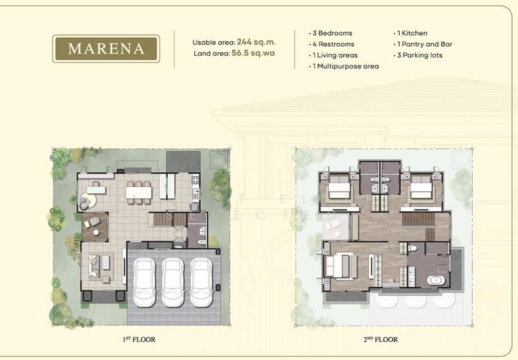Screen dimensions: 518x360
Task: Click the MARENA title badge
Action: (106, 49)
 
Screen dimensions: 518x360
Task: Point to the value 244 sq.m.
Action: (256, 42)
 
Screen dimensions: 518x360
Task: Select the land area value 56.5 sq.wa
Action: (253, 53)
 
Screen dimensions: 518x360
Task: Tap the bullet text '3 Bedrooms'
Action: (330, 33)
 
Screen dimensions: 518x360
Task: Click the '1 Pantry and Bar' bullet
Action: (423, 44)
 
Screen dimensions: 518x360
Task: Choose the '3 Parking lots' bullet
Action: (418, 55)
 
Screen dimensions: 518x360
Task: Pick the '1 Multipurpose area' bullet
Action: (344, 67)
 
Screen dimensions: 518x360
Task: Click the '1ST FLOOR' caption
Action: (139, 339)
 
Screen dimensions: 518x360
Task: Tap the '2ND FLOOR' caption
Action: (381, 339)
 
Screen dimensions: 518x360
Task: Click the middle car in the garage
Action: (172, 282)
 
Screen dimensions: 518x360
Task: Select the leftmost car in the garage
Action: (144, 282)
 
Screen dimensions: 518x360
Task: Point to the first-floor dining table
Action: (139, 192)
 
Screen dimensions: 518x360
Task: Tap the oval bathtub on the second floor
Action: (436, 281)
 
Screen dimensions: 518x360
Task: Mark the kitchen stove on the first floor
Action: (196, 179)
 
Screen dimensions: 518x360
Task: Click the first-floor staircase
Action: (168, 219)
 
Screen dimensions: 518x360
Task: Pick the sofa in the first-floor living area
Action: (94, 266)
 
